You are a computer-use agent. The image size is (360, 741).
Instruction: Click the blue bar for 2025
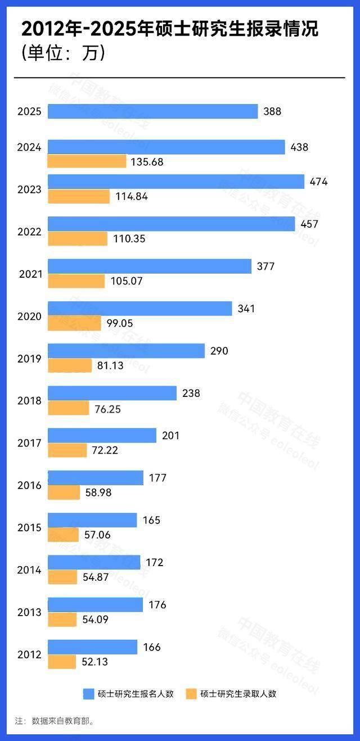(x=152, y=111)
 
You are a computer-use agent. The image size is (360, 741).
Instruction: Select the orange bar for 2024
(x=87, y=161)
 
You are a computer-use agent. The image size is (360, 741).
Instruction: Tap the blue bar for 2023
(x=175, y=182)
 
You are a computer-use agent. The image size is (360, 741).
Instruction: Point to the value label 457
(x=309, y=224)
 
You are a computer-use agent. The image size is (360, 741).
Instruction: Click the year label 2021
(x=30, y=274)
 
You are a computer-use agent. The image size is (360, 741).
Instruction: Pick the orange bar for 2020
(x=74, y=323)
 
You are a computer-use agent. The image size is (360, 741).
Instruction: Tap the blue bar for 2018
(x=112, y=393)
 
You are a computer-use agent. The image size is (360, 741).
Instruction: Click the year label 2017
(x=29, y=443)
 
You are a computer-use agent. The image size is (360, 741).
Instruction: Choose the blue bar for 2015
(x=92, y=520)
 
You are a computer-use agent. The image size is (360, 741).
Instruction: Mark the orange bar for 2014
(x=62, y=577)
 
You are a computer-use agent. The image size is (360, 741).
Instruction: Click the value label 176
(x=157, y=605)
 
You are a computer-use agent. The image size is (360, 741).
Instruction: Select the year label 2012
(x=29, y=654)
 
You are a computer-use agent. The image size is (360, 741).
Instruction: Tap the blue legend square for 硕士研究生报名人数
(x=88, y=694)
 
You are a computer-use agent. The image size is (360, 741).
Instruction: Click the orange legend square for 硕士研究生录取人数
(x=191, y=694)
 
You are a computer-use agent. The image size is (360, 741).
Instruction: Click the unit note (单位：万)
(x=64, y=53)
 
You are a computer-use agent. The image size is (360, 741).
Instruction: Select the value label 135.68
(x=147, y=162)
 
